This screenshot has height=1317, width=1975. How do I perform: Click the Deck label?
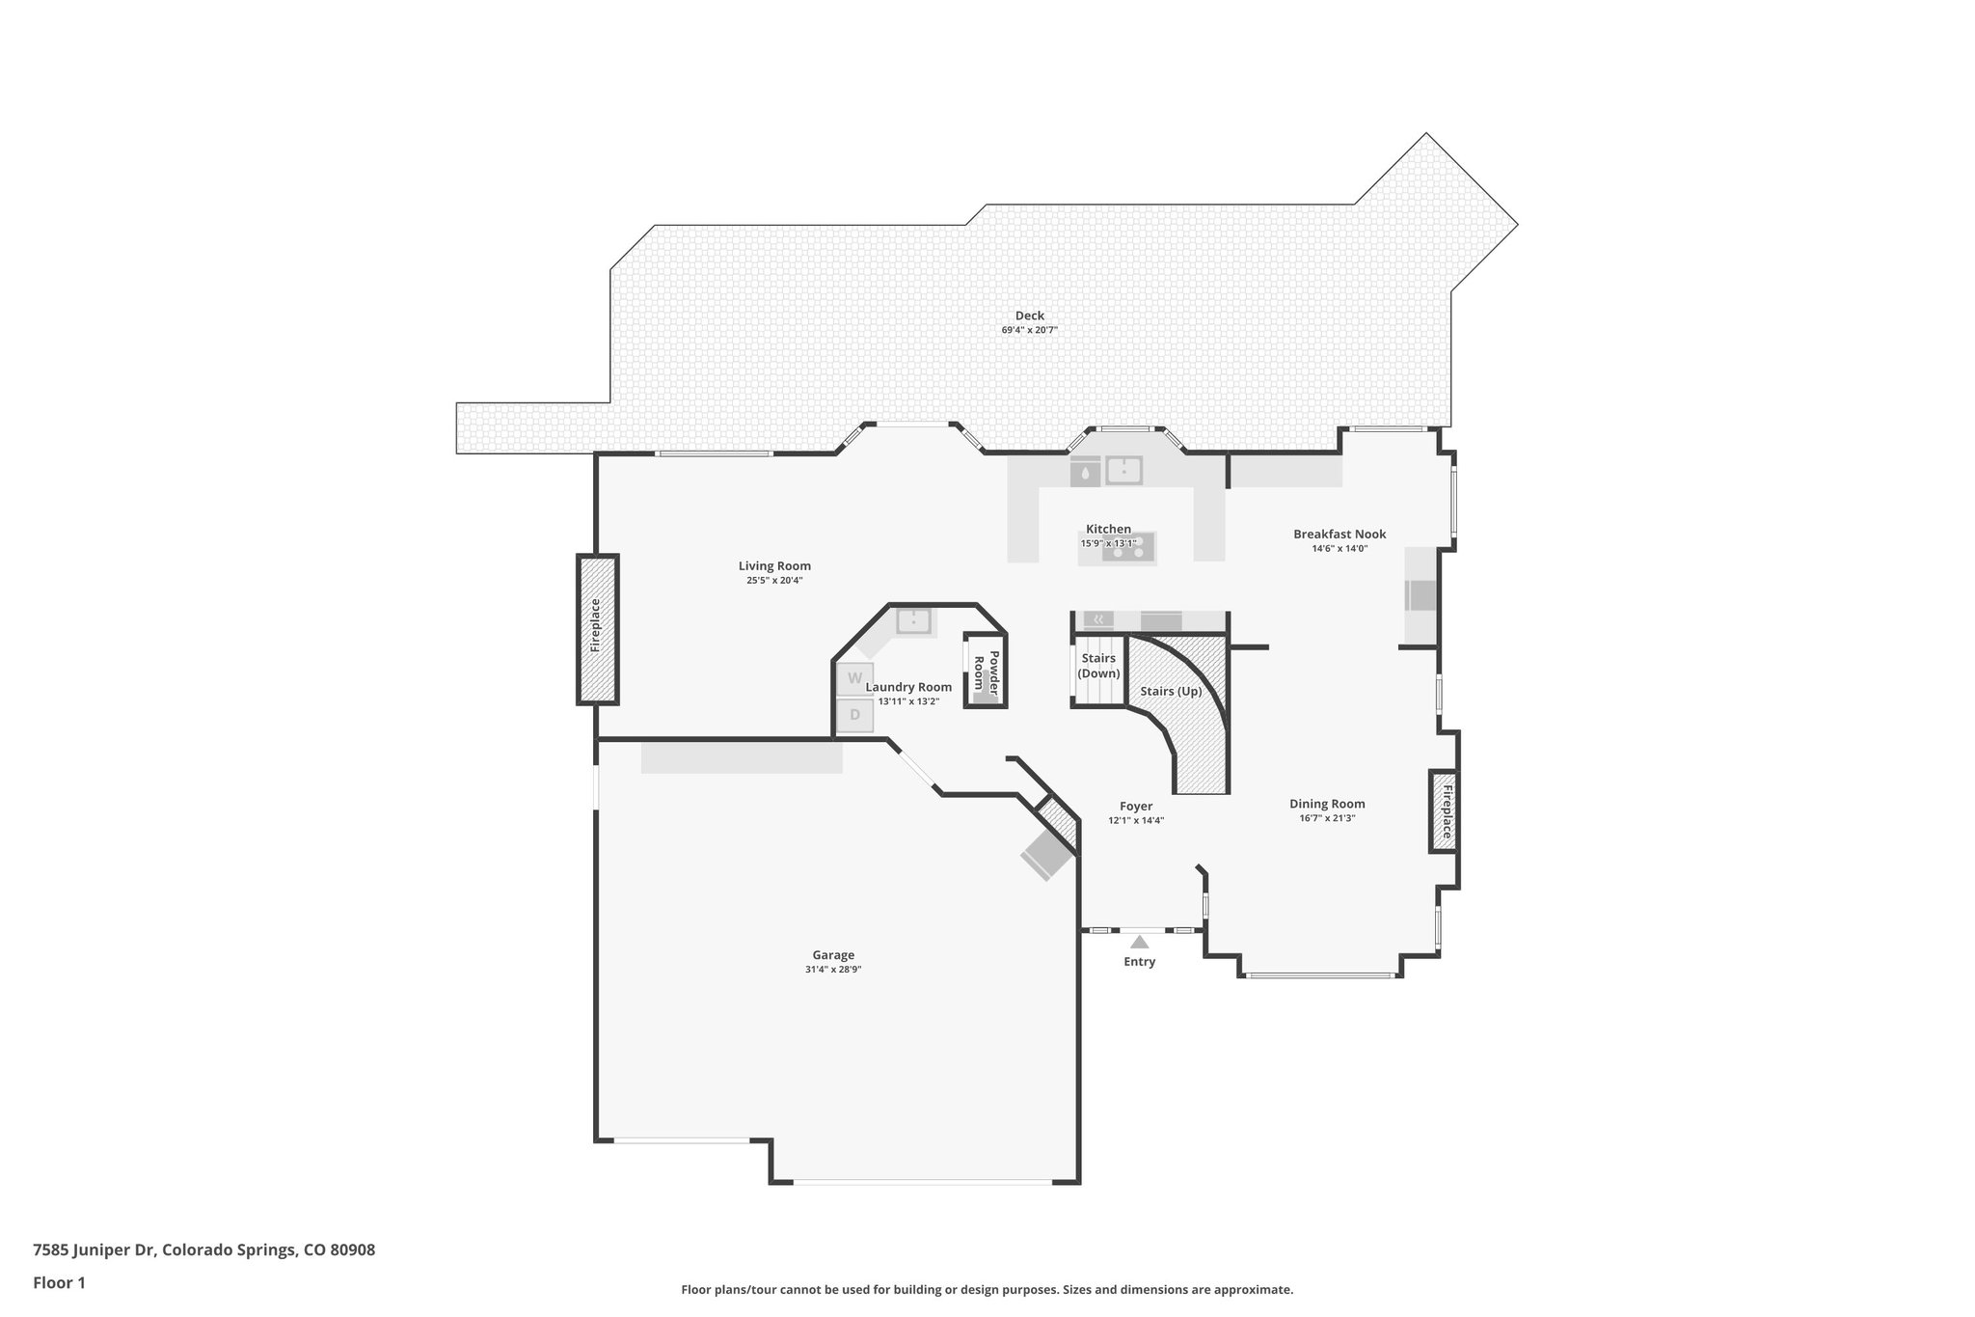click(x=1029, y=316)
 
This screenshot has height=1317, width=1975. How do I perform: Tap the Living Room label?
click(x=774, y=566)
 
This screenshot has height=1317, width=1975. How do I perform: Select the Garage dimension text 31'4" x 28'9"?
click(x=832, y=970)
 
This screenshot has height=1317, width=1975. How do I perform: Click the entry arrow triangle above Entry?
click(x=1139, y=942)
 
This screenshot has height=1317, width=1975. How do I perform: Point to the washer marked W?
click(x=854, y=678)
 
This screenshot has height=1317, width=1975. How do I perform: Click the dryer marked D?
click(x=854, y=716)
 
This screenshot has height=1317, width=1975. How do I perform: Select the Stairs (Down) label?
click(x=1098, y=666)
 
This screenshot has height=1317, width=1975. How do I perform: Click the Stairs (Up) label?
click(x=1171, y=692)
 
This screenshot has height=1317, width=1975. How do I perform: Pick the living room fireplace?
click(x=597, y=628)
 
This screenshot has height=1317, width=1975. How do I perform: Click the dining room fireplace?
click(x=1445, y=810)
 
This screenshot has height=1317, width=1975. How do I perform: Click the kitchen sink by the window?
click(x=1124, y=471)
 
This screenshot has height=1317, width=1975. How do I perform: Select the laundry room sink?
click(x=913, y=620)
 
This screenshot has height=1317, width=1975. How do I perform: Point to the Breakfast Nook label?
click(x=1339, y=534)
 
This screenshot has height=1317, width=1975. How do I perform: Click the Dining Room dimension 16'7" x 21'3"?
click(x=1327, y=818)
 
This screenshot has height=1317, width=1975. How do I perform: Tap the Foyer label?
click(x=1136, y=807)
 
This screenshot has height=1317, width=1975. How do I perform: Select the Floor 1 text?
click(x=59, y=1282)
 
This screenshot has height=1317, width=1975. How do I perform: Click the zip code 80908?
click(x=352, y=1249)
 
